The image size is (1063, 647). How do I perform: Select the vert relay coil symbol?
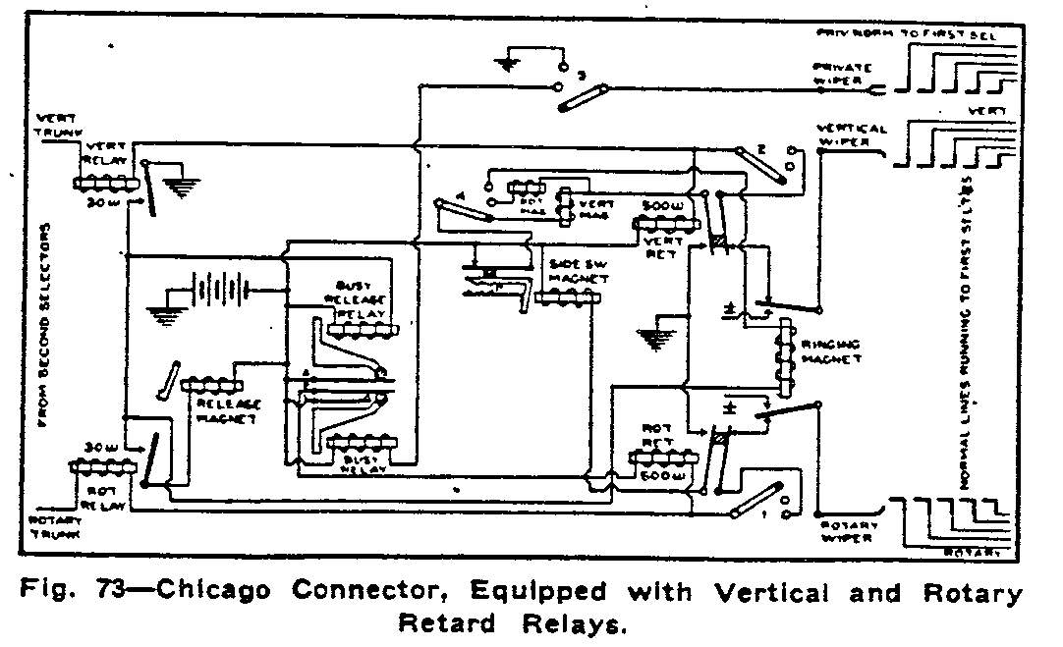pos(103,183)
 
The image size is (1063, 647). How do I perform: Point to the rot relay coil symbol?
pos(102,468)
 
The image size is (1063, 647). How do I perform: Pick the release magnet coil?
pos(212,385)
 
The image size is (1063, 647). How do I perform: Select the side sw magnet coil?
pos(567,297)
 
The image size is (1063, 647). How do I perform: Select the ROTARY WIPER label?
pos(851,531)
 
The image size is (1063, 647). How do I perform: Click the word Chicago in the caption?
pos(224,593)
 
